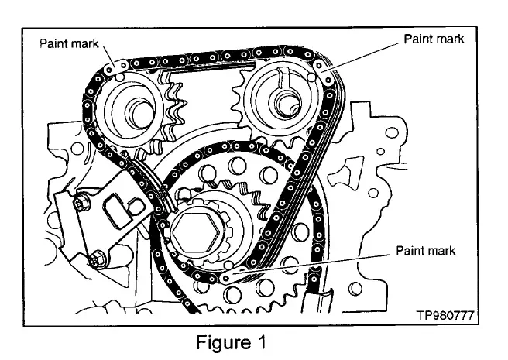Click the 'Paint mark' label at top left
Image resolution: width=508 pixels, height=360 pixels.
69,43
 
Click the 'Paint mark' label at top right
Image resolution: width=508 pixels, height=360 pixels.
434,39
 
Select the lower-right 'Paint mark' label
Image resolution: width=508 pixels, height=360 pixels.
425,251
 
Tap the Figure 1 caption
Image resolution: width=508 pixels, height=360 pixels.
231,342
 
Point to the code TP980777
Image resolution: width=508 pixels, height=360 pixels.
445,315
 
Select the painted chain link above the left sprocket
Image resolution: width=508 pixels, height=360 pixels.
116,67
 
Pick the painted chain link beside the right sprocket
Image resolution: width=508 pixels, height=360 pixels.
324,73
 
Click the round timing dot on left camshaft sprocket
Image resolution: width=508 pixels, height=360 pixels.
119,77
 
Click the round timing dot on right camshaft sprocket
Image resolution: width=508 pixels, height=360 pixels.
311,77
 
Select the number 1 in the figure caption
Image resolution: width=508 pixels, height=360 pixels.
261,342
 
